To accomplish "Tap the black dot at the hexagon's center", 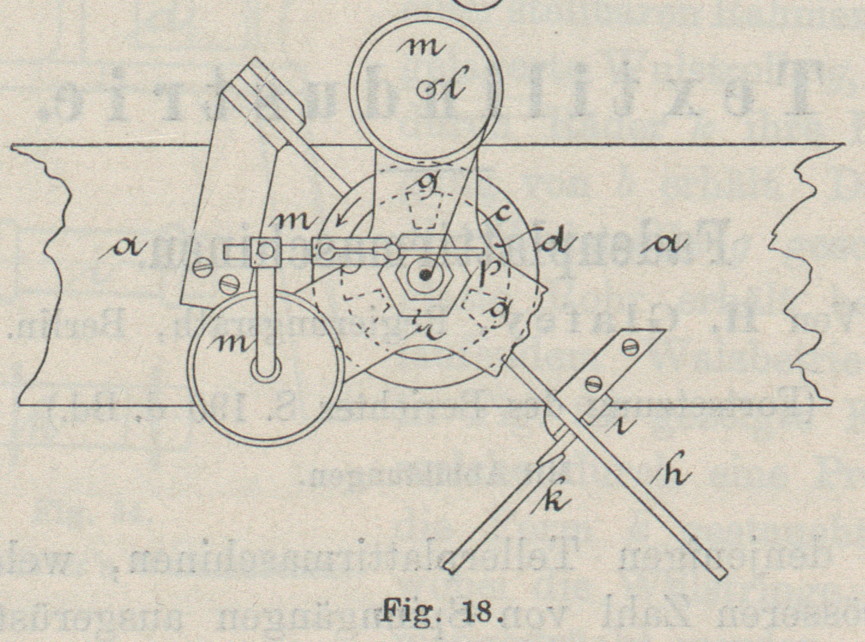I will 427,275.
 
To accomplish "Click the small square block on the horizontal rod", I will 264,251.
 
